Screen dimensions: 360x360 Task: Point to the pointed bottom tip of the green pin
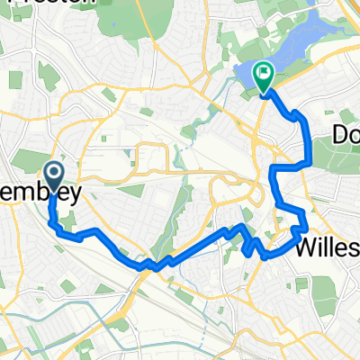point(264,94)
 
